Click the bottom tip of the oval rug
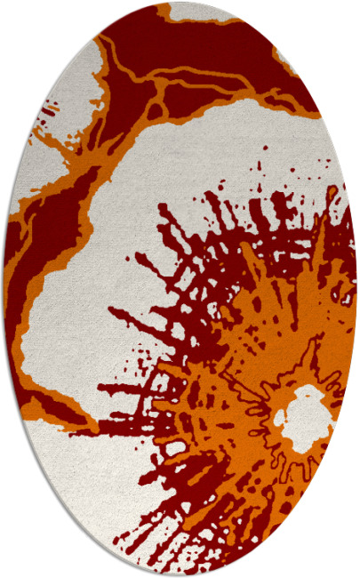click(x=180, y=574)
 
